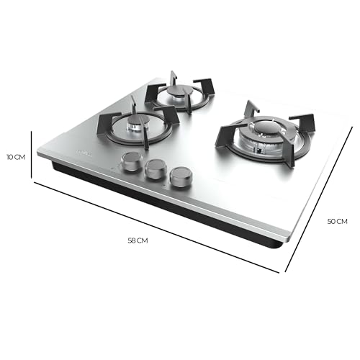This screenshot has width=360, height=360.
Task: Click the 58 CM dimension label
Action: click(x=137, y=240)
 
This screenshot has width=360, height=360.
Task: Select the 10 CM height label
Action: click(x=17, y=156)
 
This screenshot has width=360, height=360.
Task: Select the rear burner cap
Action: click(x=180, y=91)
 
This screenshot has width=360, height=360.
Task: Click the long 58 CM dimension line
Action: click(x=158, y=223)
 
